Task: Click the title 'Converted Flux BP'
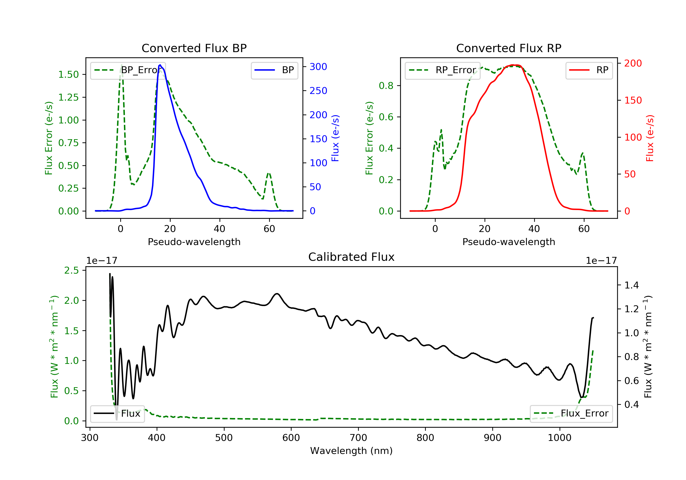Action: pos(194,48)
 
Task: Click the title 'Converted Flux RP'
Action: pos(509,48)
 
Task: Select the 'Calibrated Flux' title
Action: pos(351,257)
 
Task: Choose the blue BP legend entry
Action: pos(274,70)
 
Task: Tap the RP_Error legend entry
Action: pos(442,70)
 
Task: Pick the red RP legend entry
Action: pos(589,70)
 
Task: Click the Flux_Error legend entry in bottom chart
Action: pos(571,413)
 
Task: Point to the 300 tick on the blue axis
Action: pos(318,67)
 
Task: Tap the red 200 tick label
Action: pos(633,63)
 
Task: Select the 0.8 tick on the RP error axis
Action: pos(386,86)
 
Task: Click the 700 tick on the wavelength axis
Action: pos(358,438)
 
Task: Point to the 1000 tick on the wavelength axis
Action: pos(560,438)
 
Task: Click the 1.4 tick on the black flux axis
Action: pos(632,285)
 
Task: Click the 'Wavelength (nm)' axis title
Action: pos(351,451)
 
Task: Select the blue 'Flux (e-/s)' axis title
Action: pos(335,138)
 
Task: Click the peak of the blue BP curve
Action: pos(160,65)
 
